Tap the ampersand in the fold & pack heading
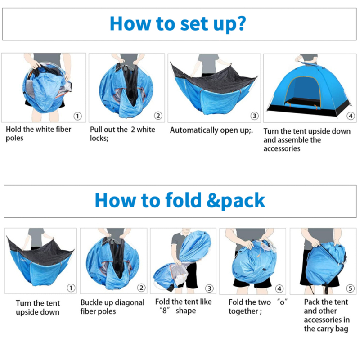[x=213, y=200]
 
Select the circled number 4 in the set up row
[x=351, y=116]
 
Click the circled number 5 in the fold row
[x=350, y=288]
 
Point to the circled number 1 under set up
[x=77, y=116]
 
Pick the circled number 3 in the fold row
[x=209, y=288]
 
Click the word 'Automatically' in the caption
[x=194, y=130]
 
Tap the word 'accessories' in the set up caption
[x=282, y=149]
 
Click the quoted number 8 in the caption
[x=164, y=310]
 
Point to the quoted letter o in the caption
[x=282, y=302]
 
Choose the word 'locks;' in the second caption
[x=99, y=138]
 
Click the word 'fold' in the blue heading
[x=183, y=200]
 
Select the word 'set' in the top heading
[x=194, y=24]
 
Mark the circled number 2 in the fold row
[x=141, y=288]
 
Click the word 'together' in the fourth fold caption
[x=243, y=311]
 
